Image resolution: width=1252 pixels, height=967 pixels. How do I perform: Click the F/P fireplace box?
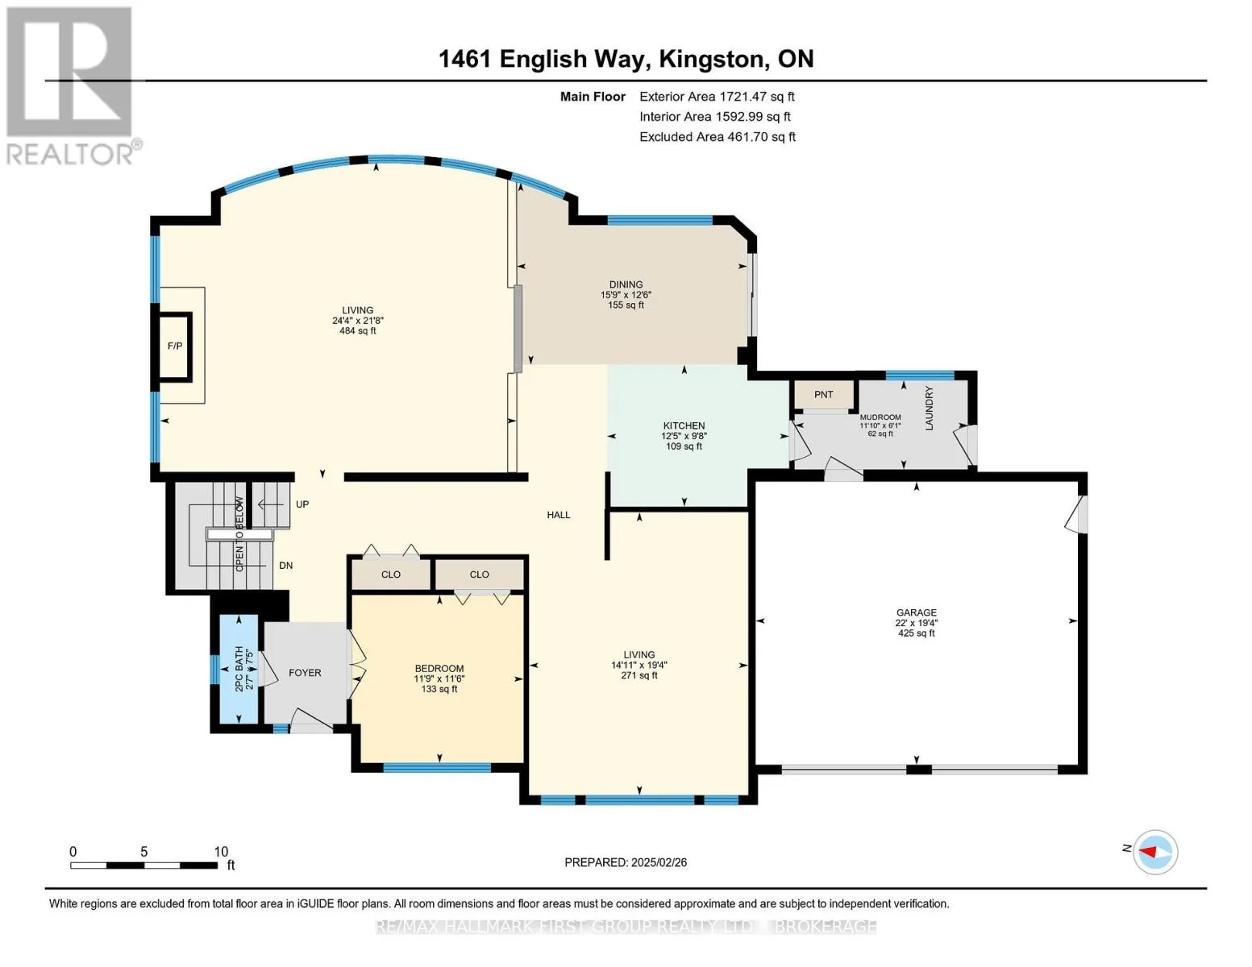(x=174, y=347)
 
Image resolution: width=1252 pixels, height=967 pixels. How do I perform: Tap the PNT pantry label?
(x=823, y=395)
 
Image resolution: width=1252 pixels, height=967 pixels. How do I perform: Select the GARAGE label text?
(x=916, y=612)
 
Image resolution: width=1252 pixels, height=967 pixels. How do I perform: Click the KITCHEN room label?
(x=684, y=425)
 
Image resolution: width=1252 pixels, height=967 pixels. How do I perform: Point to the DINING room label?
(x=626, y=284)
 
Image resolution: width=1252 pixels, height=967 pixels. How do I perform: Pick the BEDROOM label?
(x=439, y=669)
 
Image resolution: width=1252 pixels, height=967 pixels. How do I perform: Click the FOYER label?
(x=305, y=673)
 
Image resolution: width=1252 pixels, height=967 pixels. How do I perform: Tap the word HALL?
(x=559, y=515)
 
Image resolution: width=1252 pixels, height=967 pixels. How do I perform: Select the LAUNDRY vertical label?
(x=929, y=409)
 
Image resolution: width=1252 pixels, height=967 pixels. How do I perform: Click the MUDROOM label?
(x=880, y=417)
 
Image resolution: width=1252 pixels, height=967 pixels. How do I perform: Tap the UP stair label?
(x=302, y=504)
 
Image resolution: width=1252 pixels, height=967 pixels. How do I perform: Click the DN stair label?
(x=285, y=566)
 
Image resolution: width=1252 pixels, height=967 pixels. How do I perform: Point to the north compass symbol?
(x=1154, y=852)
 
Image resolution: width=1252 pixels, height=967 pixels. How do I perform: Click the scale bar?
(x=144, y=865)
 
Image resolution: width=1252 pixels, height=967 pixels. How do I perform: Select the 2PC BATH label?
(x=239, y=669)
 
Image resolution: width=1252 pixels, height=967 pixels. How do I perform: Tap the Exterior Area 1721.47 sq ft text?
(x=717, y=97)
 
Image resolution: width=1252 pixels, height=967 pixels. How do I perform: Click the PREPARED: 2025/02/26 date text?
(x=626, y=862)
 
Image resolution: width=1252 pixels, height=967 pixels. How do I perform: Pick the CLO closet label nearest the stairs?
(x=391, y=575)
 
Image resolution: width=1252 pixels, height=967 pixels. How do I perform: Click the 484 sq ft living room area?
(x=357, y=330)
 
